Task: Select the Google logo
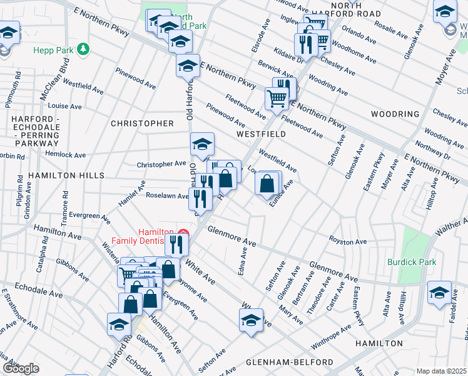21,368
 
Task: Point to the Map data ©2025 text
441,371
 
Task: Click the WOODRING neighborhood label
394,114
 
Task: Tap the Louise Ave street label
64,107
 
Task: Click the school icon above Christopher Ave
202,144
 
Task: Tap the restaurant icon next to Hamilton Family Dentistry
177,244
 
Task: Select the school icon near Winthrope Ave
250,320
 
